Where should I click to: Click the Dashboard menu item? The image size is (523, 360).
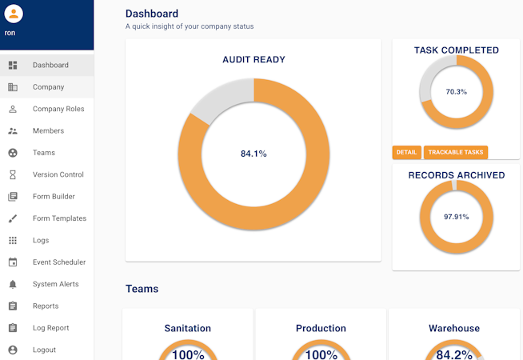click(x=50, y=65)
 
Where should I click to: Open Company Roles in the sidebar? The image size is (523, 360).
click(x=58, y=109)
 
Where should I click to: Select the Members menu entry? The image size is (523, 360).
click(x=48, y=130)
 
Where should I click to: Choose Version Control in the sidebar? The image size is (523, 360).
click(x=58, y=174)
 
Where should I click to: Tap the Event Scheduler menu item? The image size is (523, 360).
click(x=58, y=262)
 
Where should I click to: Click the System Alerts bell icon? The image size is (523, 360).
click(x=13, y=284)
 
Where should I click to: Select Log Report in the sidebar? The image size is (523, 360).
click(x=50, y=328)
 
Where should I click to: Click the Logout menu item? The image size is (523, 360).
click(x=44, y=350)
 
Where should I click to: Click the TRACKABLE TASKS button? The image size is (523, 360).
click(x=455, y=152)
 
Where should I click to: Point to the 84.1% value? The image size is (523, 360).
click(x=254, y=154)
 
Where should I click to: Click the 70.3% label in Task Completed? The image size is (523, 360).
click(x=456, y=92)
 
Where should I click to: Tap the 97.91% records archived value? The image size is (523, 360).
click(x=456, y=217)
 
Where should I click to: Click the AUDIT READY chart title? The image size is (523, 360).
click(x=254, y=59)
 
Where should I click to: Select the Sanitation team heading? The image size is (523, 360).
click(x=188, y=328)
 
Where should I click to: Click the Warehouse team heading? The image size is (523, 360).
click(x=454, y=328)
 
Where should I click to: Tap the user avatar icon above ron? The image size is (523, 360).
click(x=14, y=14)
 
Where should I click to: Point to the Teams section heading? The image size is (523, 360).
click(x=142, y=289)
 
